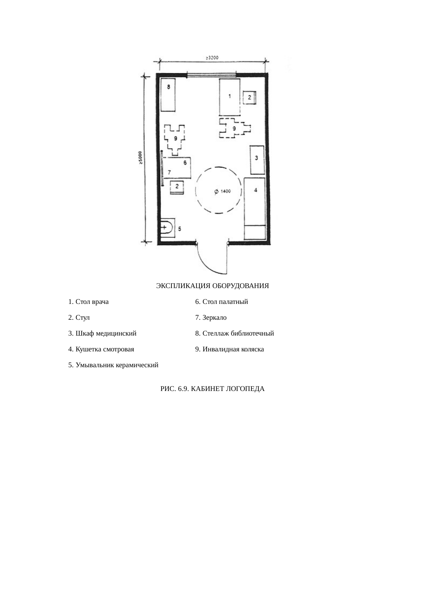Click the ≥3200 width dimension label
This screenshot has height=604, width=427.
(x=212, y=58)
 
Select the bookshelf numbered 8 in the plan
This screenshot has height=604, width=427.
(x=168, y=95)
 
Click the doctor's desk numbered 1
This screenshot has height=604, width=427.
(x=230, y=97)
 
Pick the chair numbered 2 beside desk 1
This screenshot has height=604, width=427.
(x=249, y=97)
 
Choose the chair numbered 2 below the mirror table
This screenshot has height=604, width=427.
(x=177, y=187)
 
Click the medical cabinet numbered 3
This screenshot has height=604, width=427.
(x=257, y=160)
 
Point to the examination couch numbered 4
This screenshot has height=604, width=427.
(x=255, y=209)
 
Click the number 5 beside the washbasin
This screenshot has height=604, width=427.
(x=179, y=229)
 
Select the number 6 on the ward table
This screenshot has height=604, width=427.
(x=185, y=162)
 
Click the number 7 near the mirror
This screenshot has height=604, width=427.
(x=169, y=172)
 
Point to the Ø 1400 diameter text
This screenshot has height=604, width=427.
(x=222, y=191)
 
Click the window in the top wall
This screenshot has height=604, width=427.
(x=211, y=75)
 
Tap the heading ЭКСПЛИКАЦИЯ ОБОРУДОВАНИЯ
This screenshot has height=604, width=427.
(x=212, y=286)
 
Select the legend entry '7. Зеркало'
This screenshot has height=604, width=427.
(x=211, y=318)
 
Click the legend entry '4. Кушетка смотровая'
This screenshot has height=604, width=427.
(x=101, y=349)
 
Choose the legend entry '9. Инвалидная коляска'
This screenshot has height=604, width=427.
(x=230, y=349)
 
